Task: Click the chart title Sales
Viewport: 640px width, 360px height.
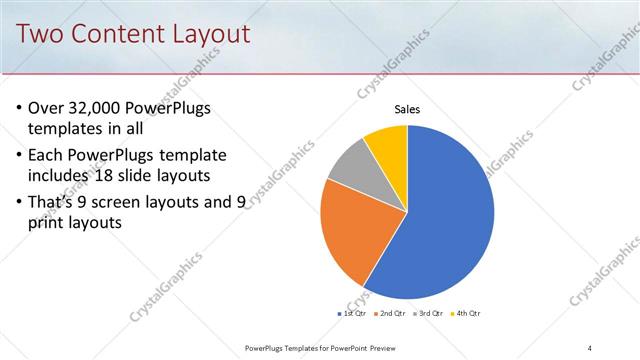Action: tap(407, 110)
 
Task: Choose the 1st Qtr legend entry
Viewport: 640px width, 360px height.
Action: tap(351, 314)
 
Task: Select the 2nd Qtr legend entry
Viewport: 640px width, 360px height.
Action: tap(389, 314)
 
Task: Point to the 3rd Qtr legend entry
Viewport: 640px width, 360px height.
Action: tap(428, 314)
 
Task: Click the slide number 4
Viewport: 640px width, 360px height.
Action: tap(589, 347)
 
